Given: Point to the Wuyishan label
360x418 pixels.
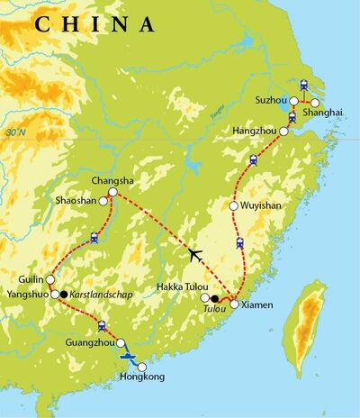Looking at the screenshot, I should point(261,205).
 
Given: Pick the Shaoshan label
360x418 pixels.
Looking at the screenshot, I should point(76,201).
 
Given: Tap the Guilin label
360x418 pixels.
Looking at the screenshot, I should point(27,279).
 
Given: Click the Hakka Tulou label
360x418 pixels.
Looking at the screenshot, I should point(176,287).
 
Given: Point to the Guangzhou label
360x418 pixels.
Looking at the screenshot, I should point(89,343).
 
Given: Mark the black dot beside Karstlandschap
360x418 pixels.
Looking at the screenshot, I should point(65,295).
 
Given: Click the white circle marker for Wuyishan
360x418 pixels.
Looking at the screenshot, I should point(233,205).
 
